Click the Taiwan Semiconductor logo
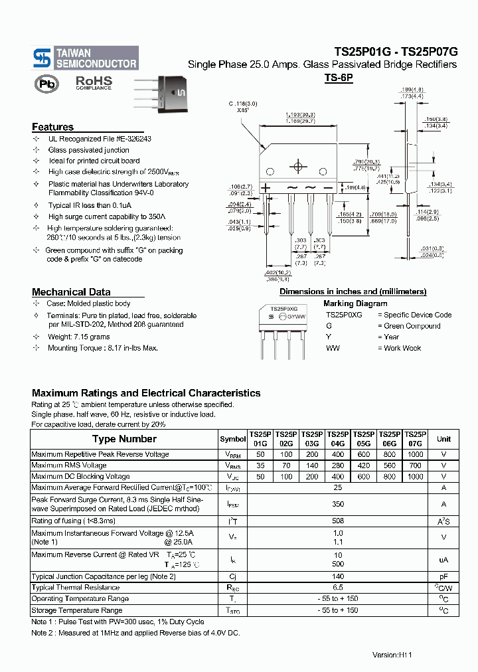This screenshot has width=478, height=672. tap(85, 58)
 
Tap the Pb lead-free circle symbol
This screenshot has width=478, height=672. tap(46, 84)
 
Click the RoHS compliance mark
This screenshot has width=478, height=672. tap(94, 82)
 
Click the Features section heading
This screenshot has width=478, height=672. tap(52, 127)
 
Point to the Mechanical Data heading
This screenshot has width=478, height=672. tap(71, 292)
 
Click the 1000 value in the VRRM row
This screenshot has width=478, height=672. tap(416, 455)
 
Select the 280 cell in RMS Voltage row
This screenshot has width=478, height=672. tap(338, 465)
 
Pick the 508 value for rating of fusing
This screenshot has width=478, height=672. tap(338, 521)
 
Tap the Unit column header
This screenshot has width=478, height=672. tap(443, 439)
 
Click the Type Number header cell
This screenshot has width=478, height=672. tap(124, 439)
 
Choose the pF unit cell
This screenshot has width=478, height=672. tap(443, 577)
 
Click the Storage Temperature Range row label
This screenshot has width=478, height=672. tap(77, 610)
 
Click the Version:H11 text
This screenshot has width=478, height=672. tap(392, 655)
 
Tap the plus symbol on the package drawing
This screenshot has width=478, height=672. tap(266, 189)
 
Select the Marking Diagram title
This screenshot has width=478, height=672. tap(355, 303)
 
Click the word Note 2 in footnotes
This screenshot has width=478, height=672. tap(42, 633)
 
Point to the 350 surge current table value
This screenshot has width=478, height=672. tap(338, 504)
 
